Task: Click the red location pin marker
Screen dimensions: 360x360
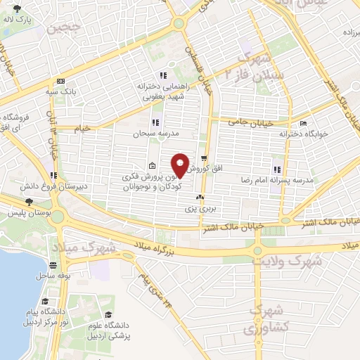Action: pyautogui.click(x=181, y=165)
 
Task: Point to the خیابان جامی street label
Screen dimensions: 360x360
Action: pyautogui.click(x=245, y=121)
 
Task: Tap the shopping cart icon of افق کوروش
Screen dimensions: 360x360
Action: pyautogui.click(x=203, y=158)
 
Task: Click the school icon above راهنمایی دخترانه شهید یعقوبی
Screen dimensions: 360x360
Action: pyautogui.click(x=163, y=75)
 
